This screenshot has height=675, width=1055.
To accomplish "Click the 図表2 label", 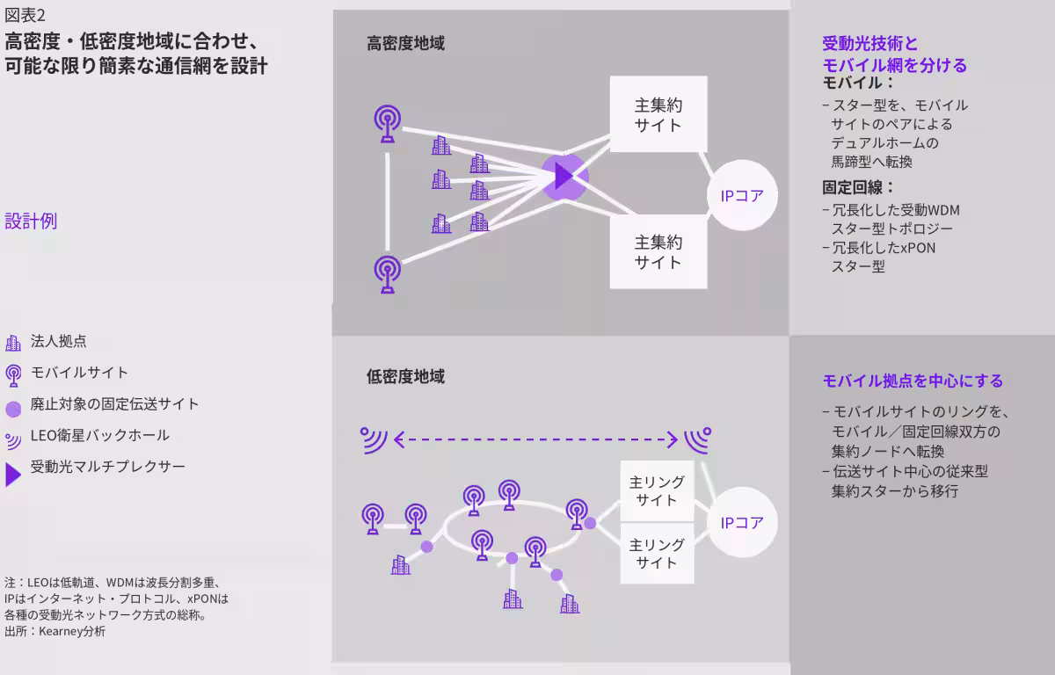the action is [25, 16].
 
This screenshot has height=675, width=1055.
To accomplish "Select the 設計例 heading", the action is [31, 221].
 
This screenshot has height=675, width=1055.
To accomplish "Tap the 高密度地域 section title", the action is [405, 43].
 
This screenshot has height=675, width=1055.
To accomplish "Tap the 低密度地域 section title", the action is [405, 376].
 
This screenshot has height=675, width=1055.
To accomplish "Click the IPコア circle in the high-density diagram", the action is [742, 195].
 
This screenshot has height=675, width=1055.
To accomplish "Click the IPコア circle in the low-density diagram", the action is [742, 522].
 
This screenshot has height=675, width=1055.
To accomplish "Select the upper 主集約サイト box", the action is [658, 114].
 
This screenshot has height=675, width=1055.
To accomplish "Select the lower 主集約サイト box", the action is [658, 252].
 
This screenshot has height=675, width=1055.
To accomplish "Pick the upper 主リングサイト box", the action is [657, 491].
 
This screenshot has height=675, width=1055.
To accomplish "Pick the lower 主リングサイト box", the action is [657, 554].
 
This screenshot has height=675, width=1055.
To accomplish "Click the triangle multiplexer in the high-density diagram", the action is [563, 177].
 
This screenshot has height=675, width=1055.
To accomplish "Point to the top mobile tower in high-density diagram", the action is [388, 123].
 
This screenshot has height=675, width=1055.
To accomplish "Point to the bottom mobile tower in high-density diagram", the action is [388, 274].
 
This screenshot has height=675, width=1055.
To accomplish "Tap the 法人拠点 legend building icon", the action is [13, 343].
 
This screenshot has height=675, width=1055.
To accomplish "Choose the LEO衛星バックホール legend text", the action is [100, 435].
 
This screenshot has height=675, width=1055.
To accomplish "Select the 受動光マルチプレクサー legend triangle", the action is [12, 475].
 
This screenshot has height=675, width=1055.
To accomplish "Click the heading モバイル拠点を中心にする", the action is [913, 381].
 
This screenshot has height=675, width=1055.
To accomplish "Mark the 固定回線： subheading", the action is [858, 187].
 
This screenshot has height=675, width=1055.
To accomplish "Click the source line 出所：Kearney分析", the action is [55, 631].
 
